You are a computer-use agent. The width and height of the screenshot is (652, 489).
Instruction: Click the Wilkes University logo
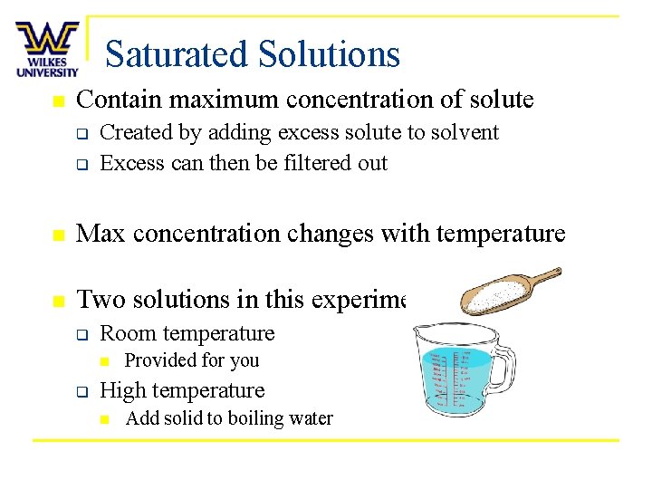47,49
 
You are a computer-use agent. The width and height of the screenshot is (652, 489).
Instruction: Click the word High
121,391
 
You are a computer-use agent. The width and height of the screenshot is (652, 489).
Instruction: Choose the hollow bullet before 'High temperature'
80,392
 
